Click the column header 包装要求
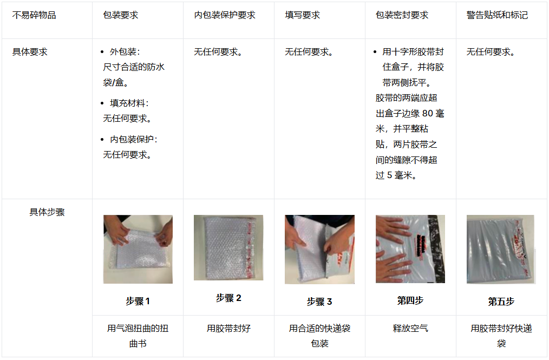point(120,15)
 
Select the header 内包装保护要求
point(225,15)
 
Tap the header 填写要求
point(302,15)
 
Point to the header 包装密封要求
point(402,15)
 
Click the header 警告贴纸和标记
point(497,15)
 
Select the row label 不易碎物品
point(34,15)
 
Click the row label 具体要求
point(30,52)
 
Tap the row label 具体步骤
point(47,212)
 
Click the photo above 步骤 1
point(138,249)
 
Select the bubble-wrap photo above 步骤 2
point(228,247)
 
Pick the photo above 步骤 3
point(319,250)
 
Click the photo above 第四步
point(410,248)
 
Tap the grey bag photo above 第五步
point(501,250)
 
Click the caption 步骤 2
point(228,298)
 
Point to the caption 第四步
point(410,300)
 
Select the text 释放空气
point(410,329)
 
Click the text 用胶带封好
point(228,329)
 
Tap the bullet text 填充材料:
point(129,103)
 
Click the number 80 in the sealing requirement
point(428,114)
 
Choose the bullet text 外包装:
point(125,52)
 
